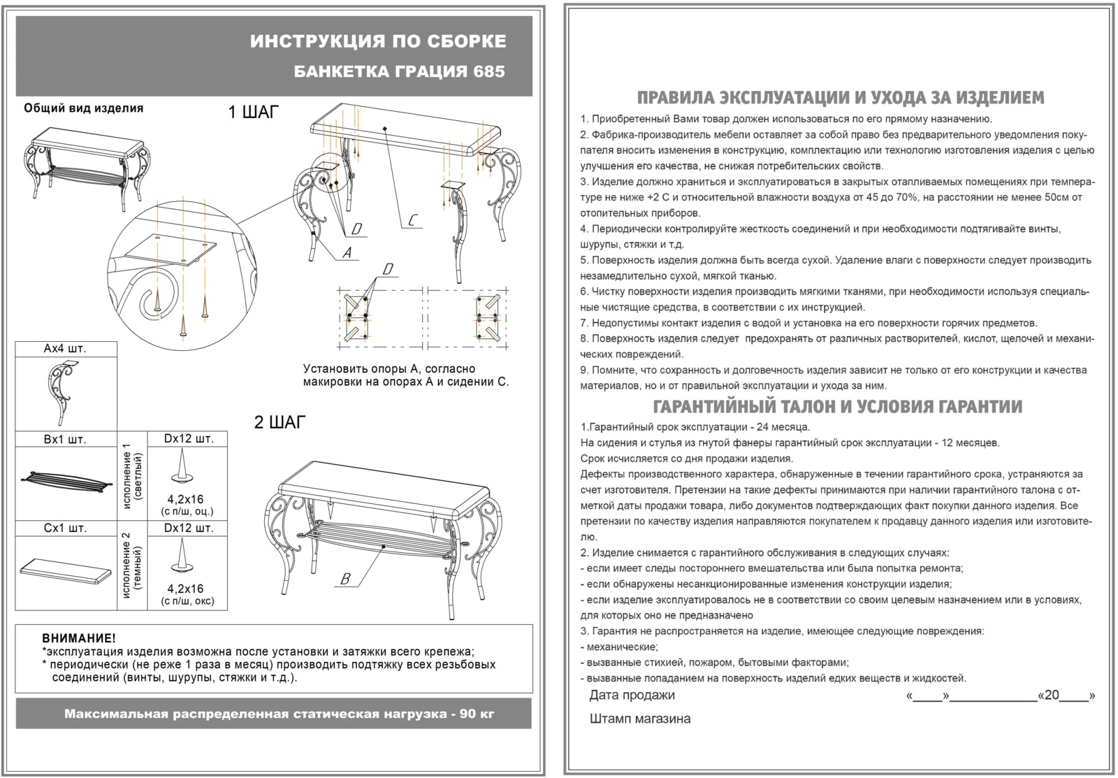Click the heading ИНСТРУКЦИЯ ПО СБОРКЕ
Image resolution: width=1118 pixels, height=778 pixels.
377,41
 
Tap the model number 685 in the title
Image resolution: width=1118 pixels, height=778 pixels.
488,72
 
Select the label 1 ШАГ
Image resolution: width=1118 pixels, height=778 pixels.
253,113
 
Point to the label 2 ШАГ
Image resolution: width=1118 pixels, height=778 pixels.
279,422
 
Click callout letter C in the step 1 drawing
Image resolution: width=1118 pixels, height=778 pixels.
413,221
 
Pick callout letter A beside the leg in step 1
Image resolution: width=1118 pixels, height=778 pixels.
347,252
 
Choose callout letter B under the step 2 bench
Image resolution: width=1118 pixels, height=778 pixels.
344,579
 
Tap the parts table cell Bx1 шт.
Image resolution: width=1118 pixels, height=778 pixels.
65,440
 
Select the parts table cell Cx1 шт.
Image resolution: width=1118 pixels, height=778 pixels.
65,528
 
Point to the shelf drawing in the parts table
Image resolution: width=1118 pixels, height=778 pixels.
65,482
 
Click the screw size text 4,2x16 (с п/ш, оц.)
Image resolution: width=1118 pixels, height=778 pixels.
187,505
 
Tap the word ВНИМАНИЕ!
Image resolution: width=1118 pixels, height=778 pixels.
79,638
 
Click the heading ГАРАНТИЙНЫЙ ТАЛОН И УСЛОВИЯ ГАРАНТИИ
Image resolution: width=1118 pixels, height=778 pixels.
837,407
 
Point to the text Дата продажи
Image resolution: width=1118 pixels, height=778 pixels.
632,695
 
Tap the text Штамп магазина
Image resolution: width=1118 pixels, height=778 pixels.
640,719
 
